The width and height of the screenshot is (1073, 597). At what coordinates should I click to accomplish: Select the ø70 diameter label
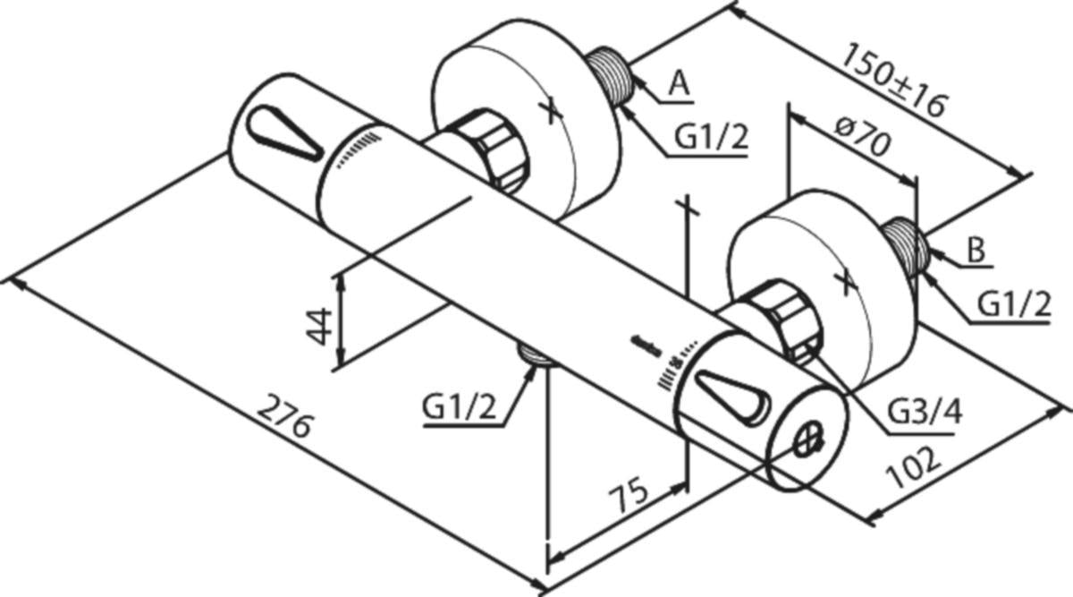tap(864, 137)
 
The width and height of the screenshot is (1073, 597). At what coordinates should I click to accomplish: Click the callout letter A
tap(680, 84)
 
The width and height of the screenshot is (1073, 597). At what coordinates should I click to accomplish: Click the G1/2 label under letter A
tap(711, 137)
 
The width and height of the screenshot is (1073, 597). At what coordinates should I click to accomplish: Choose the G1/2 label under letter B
tap(1013, 304)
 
